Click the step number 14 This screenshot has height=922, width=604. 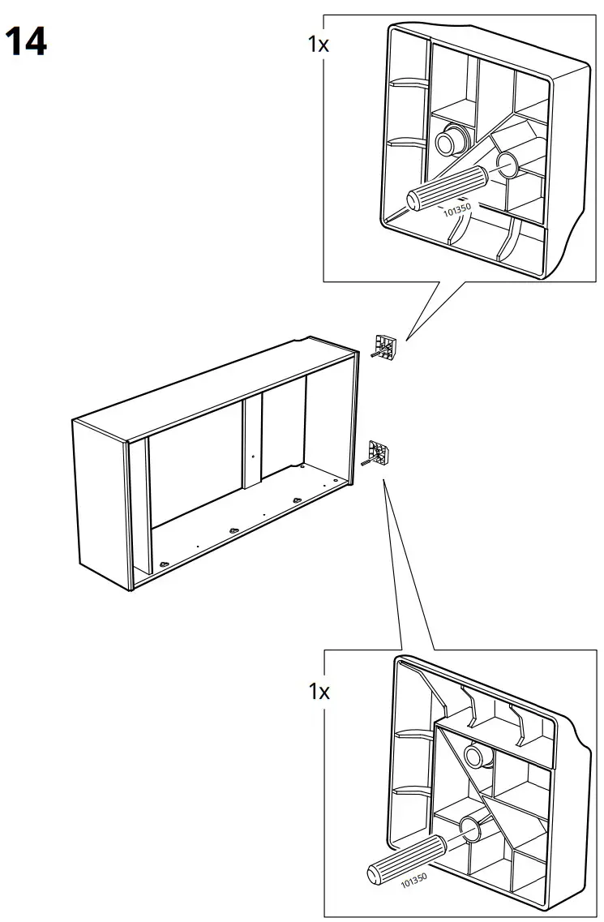coord(26,41)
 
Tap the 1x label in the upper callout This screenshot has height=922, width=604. coord(319,45)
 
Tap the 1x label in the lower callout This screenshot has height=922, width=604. coord(319,692)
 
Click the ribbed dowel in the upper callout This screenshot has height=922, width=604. coord(443,188)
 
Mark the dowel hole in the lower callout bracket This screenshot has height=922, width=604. coord(469,828)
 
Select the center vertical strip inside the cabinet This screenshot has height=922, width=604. coord(253,442)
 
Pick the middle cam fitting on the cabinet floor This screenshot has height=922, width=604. coord(234,530)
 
